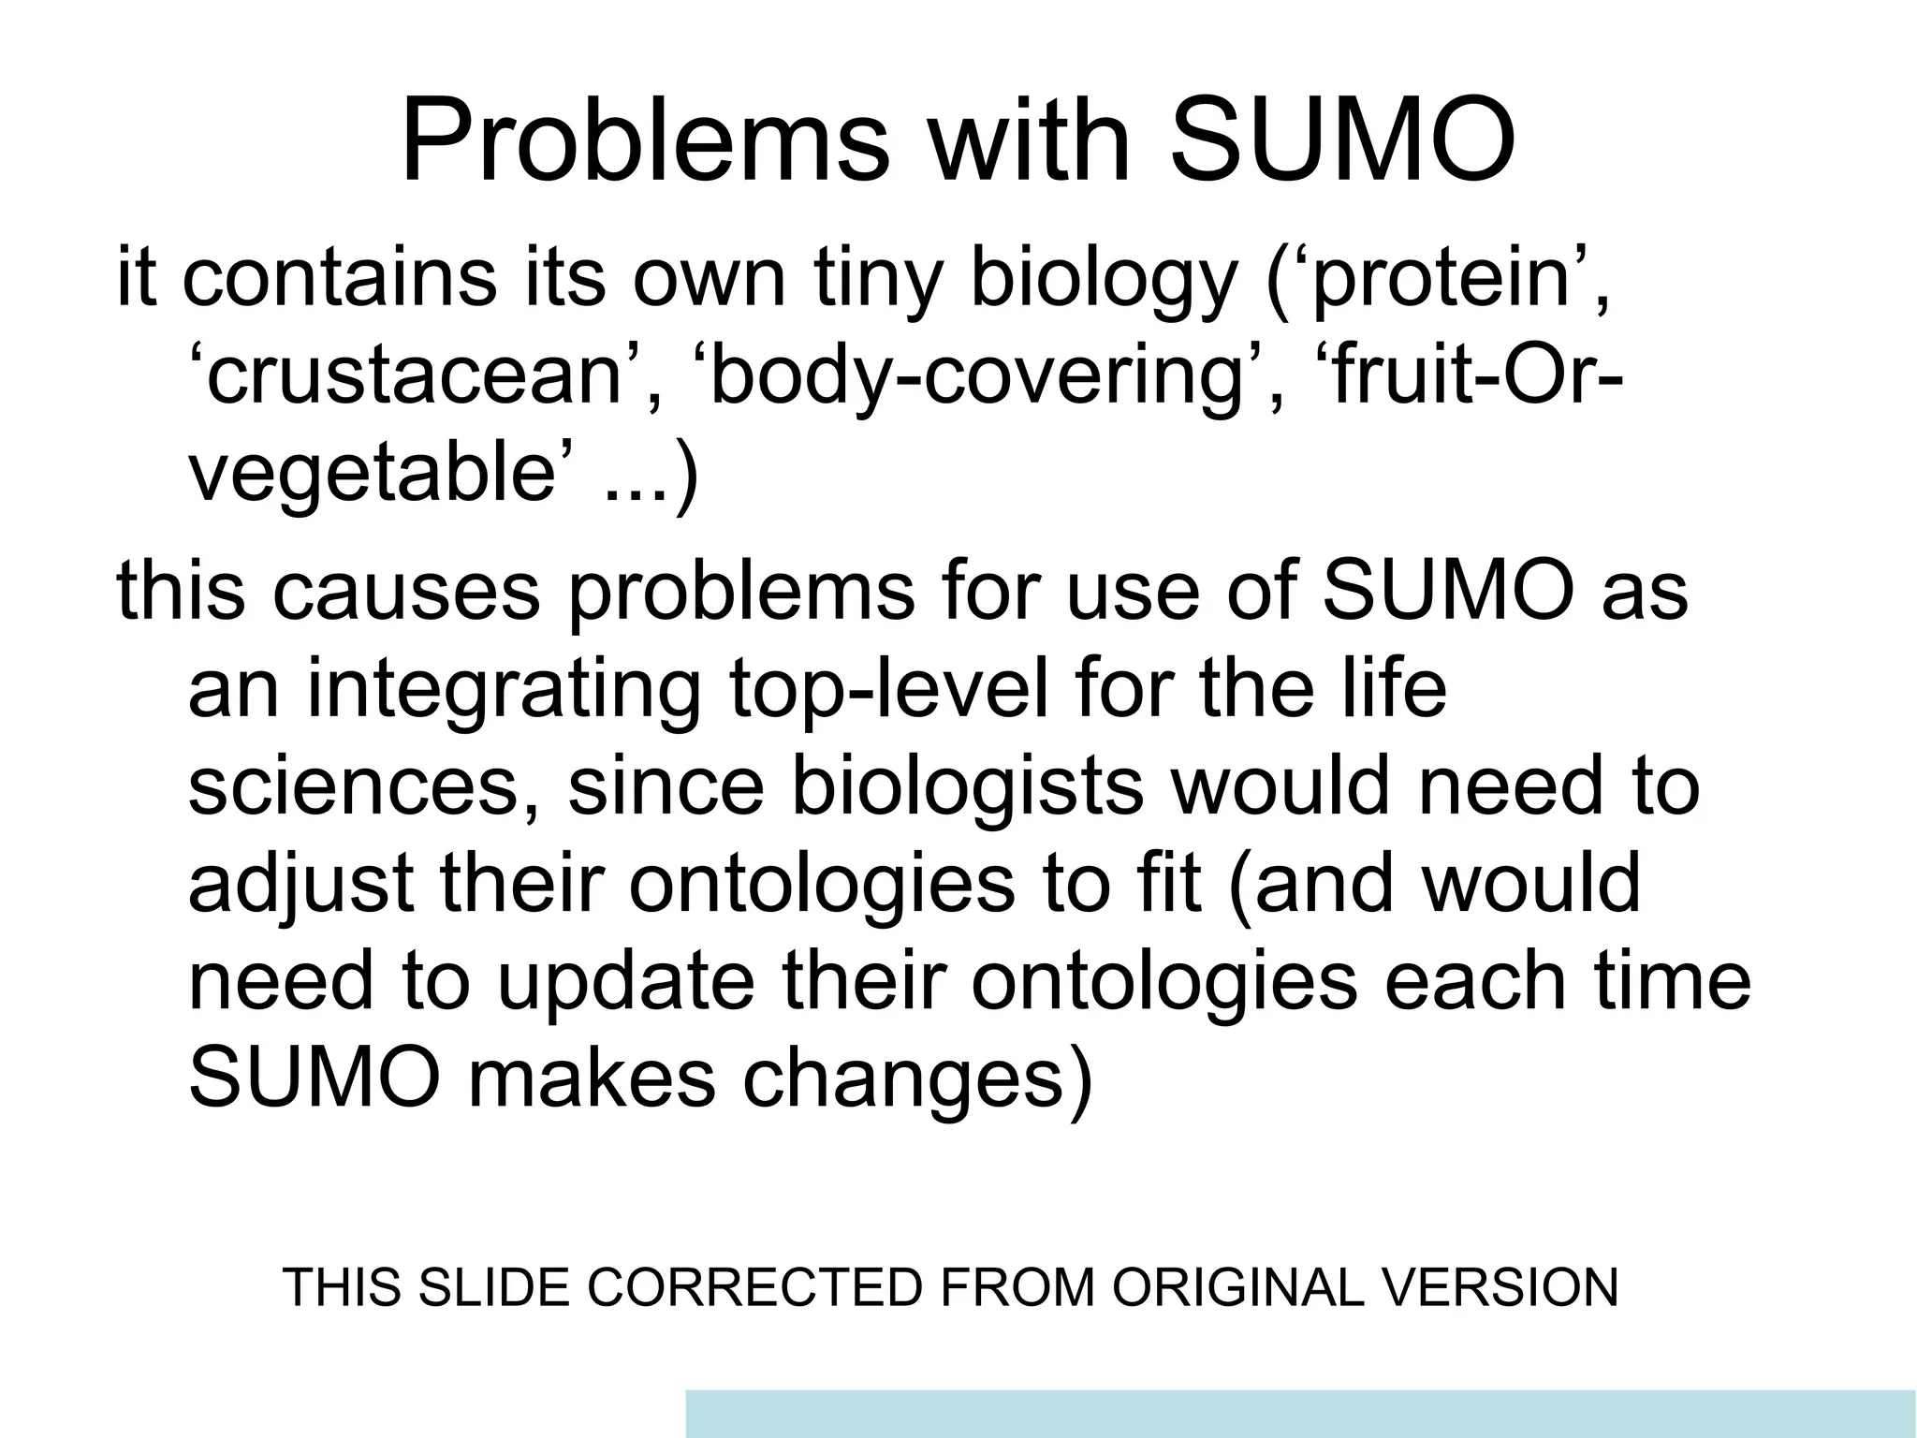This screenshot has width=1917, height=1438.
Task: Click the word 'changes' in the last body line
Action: coord(917,1080)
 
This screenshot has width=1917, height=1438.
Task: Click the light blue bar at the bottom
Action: coord(1301,1414)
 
